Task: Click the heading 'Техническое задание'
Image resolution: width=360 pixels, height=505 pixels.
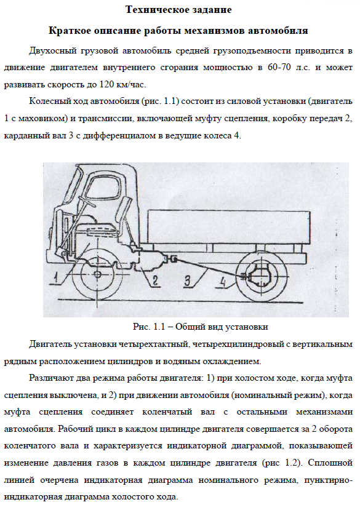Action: click(178, 10)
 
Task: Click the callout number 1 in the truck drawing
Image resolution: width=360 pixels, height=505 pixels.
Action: click(57, 277)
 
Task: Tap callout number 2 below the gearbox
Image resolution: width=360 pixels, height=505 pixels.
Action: click(155, 280)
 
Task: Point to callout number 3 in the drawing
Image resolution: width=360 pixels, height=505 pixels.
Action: click(187, 280)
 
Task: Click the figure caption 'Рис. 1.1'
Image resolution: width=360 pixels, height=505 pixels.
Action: click(149, 327)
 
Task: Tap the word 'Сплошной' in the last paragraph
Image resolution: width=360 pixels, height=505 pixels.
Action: click(330, 463)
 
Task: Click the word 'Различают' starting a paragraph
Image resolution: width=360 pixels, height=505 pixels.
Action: click(51, 378)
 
